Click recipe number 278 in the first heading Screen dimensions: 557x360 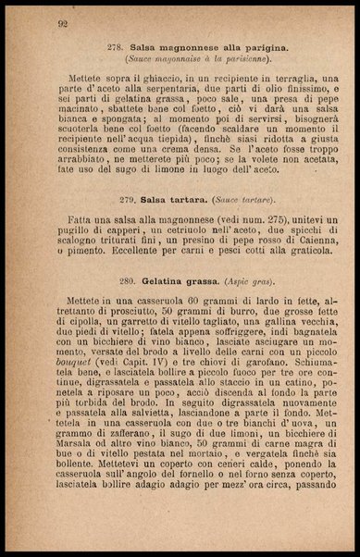[118, 45]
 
